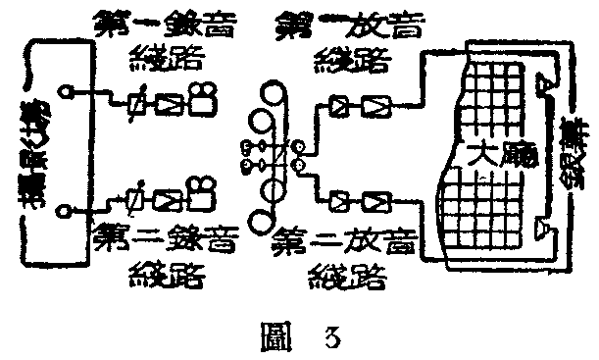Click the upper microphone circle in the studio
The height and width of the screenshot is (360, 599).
pos(65,93)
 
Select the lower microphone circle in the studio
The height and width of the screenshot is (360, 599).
pos(65,209)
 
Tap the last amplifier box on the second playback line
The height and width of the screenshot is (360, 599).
pos(375,202)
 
